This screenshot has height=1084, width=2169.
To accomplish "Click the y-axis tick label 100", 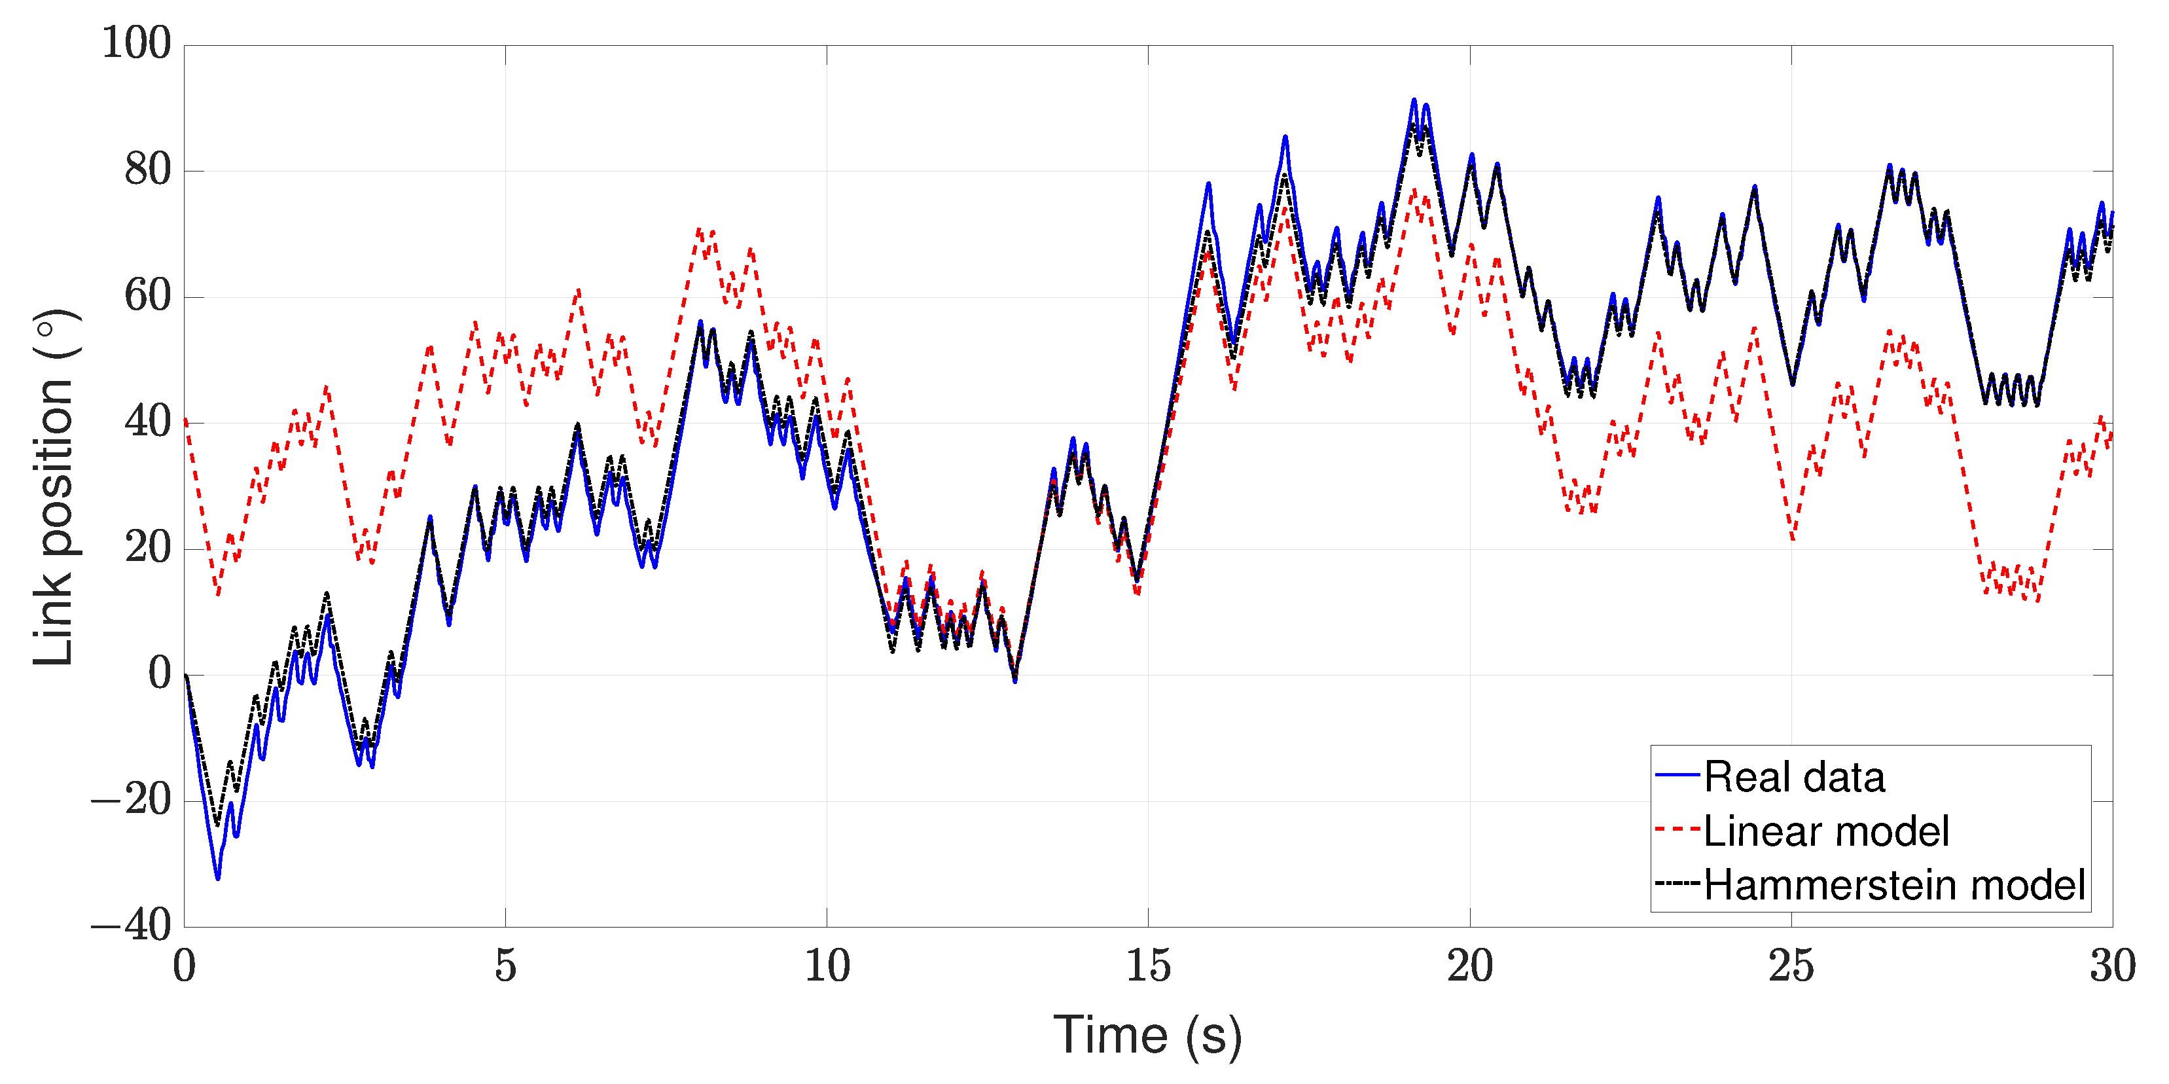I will pos(136,43).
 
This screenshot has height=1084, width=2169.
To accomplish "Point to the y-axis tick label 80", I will pos(147,170).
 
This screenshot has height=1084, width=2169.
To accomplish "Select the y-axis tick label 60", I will pos(147,297).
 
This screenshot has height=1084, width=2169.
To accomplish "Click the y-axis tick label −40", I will pos(132,926).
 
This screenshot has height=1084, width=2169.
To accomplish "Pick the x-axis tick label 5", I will pos(505,966).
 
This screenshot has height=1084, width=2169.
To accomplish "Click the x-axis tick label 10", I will pos(827,966).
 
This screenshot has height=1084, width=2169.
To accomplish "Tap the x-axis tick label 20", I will pos(1470,966).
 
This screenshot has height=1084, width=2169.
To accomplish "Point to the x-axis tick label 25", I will pos(1791,966).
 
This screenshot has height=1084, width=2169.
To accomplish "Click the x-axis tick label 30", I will pos(2112,966).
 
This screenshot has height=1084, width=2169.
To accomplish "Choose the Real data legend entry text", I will pos(1795,776).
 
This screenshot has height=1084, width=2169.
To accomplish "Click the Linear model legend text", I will pos(1826,831).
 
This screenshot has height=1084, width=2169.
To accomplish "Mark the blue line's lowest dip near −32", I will pos(218,878).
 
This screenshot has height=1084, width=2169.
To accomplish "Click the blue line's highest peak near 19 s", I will pos(1414,100).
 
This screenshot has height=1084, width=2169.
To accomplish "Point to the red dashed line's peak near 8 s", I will pos(699,229).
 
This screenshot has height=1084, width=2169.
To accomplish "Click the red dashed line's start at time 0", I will pos(186,420).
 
